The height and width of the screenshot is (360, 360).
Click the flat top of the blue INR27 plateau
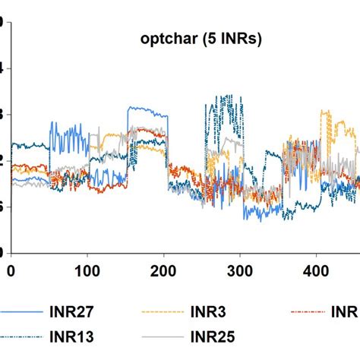tap(144, 110)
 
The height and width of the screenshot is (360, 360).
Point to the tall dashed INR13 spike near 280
tap(220, 97)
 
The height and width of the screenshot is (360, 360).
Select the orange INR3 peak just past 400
tap(325, 112)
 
